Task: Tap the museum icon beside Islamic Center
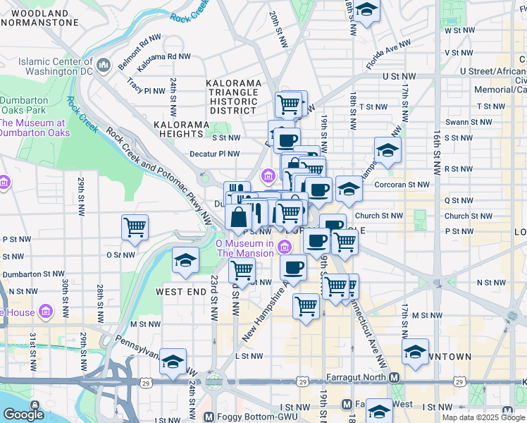pyautogui.click(x=104, y=66)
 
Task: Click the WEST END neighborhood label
pyautogui.click(x=180, y=292)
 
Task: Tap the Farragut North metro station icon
pyautogui.click(x=395, y=378)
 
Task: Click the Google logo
pyautogui.click(x=23, y=415)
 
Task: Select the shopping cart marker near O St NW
pyautogui.click(x=135, y=228)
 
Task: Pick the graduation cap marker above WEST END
pyautogui.click(x=185, y=261)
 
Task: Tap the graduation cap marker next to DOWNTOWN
pyautogui.click(x=416, y=352)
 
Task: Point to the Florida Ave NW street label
pyautogui.click(x=388, y=55)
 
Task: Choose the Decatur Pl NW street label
pyautogui.click(x=215, y=154)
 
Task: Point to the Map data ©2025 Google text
pyautogui.click(x=483, y=417)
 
